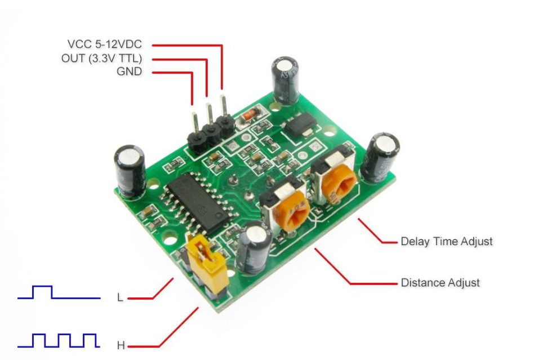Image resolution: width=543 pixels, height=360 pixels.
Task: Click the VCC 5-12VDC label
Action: tap(105, 45)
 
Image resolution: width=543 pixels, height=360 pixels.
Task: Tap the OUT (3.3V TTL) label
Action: tap(101, 58)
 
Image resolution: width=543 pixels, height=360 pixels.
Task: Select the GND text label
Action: tap(129, 72)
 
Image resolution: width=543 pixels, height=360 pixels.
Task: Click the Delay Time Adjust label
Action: tap(447, 242)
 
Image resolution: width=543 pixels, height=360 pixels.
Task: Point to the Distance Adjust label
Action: tap(440, 283)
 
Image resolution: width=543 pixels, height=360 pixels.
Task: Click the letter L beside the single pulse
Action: tap(120, 297)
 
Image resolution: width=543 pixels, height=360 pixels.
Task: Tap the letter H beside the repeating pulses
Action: tap(121, 345)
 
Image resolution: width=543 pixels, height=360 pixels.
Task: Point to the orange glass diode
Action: tap(250, 114)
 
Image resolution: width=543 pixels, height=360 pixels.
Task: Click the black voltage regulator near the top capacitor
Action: tap(300, 126)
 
